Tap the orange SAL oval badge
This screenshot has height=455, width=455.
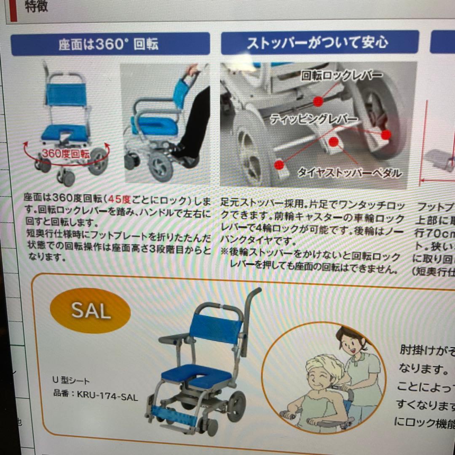coord(90,311)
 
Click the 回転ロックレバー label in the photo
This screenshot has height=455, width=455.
coord(342,76)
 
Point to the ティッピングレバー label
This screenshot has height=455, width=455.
coord(314,119)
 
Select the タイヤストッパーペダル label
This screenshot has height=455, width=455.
coord(350,173)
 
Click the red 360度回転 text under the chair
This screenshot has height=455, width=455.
coord(66,154)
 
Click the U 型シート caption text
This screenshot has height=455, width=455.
coord(71,381)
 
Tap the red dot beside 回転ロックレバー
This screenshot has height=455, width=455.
coord(318,101)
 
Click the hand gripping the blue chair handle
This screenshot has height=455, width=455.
coord(193,70)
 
